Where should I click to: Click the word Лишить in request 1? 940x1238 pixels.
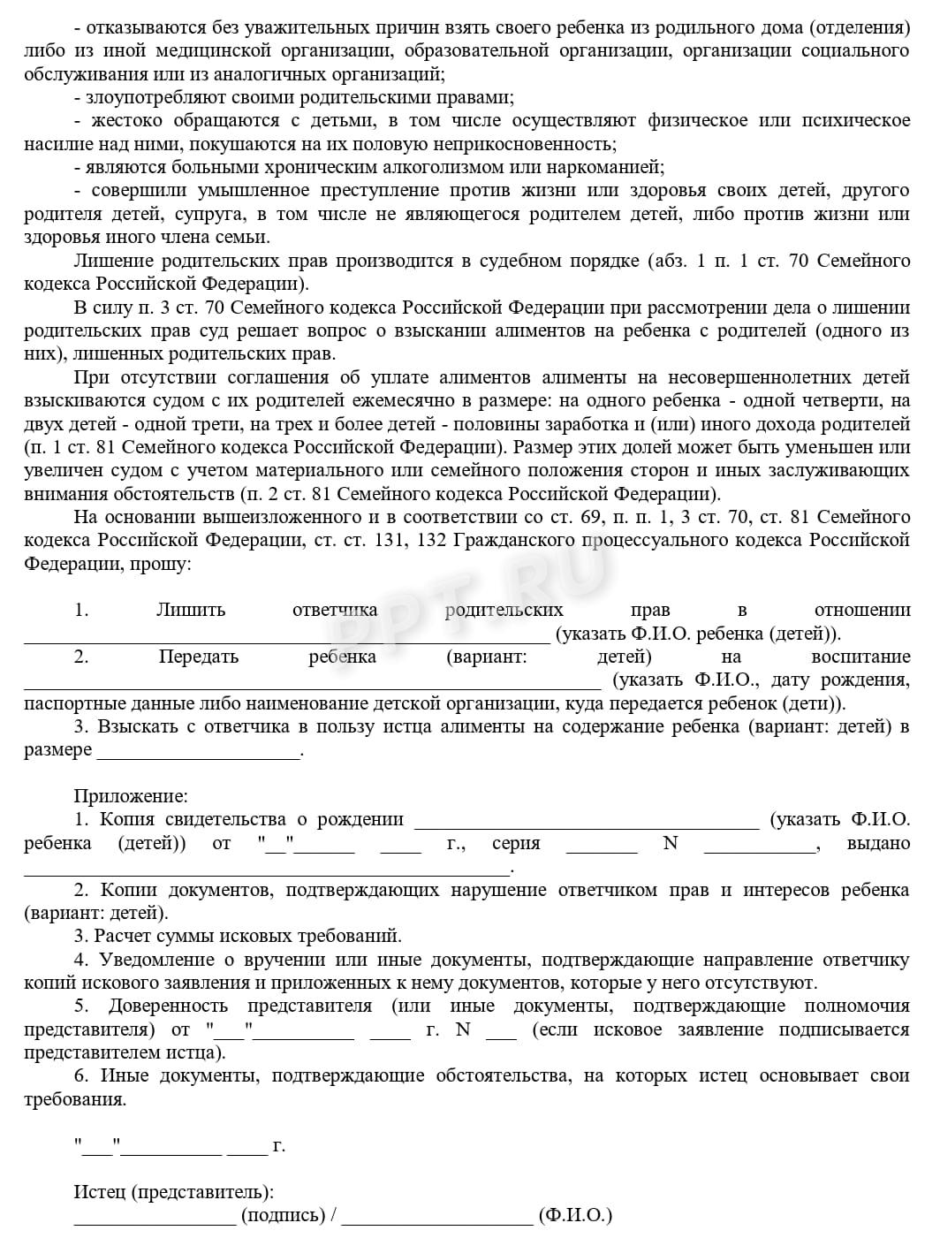pos(190,610)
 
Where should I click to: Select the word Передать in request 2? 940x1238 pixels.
pos(199,657)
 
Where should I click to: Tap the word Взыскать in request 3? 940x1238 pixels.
pos(137,726)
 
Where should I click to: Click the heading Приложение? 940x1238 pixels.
pos(131,796)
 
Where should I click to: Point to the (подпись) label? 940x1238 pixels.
pos(284,1215)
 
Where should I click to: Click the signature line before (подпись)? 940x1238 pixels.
pos(155,1218)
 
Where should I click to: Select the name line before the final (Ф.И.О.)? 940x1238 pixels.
pos(437,1218)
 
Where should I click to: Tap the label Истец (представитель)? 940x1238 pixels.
pos(173,1192)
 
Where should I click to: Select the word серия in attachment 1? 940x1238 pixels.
pos(516,843)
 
